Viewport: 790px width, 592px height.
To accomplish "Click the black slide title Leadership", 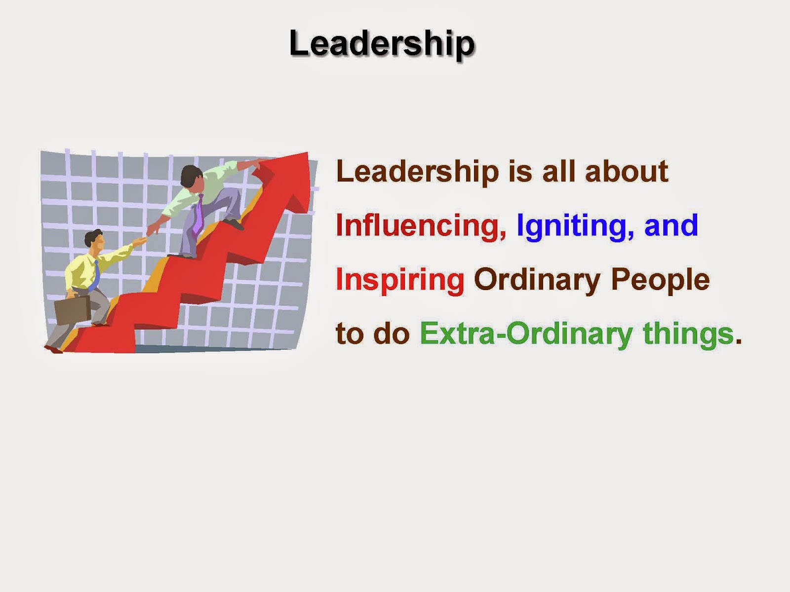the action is (x=382, y=44).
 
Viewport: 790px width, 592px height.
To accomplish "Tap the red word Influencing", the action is (x=421, y=226).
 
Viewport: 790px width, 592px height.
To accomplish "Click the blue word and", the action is (x=671, y=225).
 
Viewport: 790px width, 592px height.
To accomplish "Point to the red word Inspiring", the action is (x=400, y=281).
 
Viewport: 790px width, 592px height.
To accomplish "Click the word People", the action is (x=660, y=281).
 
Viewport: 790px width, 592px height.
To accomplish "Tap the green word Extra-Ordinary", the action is (x=526, y=335).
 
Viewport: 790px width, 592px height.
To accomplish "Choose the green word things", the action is (x=688, y=335).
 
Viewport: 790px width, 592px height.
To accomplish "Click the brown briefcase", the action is (x=72, y=310).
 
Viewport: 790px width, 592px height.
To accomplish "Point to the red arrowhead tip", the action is (x=308, y=153).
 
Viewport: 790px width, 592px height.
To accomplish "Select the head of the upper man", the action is (x=192, y=177).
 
